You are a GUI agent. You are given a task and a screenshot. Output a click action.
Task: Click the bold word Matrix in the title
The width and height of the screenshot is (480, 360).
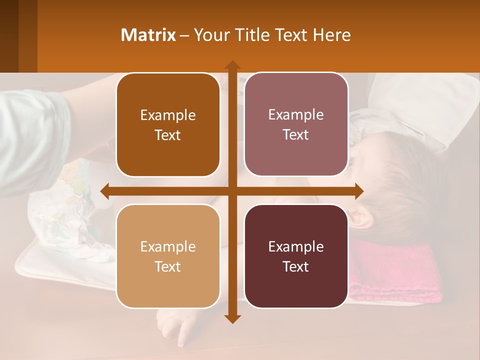(x=148, y=35)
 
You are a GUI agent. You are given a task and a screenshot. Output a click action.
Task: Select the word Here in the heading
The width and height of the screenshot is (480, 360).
(x=332, y=35)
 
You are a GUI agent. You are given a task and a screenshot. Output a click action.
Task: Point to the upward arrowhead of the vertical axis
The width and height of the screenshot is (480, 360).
(x=232, y=64)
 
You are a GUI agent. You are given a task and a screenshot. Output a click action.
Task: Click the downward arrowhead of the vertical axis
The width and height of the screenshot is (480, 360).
(x=232, y=319)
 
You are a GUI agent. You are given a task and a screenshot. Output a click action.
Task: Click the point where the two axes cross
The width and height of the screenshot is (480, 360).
(x=232, y=191)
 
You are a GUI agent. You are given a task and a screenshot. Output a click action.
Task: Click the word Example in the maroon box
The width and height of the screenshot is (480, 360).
(x=296, y=246)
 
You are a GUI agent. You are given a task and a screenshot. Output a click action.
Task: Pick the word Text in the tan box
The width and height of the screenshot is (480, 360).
(x=168, y=266)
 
